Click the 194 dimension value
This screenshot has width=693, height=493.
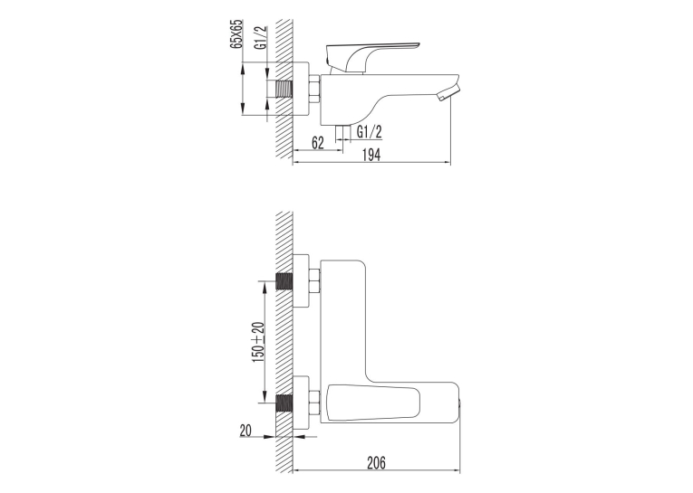(371, 155)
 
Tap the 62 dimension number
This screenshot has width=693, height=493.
(318, 143)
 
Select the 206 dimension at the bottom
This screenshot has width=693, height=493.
(376, 462)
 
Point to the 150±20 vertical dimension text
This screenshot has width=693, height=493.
(258, 342)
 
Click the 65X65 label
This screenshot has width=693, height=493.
(237, 33)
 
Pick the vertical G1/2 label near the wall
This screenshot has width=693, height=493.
(261, 37)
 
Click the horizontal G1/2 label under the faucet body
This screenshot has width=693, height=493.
(370, 131)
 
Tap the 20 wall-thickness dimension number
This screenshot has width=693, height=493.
(245, 431)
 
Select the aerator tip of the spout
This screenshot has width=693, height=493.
(448, 93)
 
